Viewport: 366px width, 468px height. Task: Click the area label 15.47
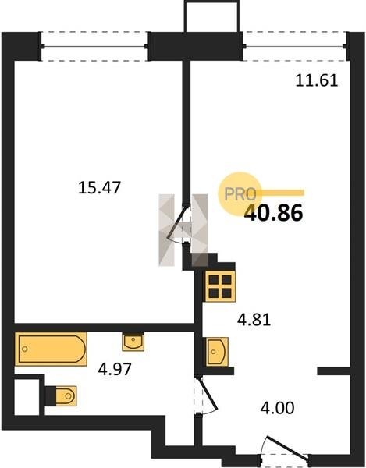(99, 188)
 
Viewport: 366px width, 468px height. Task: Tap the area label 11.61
(316, 80)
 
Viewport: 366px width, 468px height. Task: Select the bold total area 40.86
(273, 214)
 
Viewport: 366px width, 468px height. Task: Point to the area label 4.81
(254, 320)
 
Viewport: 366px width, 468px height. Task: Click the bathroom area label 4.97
(115, 369)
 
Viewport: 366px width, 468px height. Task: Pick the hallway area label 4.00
(277, 408)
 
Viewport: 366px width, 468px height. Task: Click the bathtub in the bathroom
(51, 349)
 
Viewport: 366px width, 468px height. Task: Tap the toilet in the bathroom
(61, 396)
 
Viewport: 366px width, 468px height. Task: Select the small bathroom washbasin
(133, 342)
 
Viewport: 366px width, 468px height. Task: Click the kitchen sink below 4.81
(216, 352)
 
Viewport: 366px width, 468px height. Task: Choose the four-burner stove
(220, 286)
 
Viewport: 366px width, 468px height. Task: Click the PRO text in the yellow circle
(240, 194)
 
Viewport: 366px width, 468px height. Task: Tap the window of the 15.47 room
(94, 47)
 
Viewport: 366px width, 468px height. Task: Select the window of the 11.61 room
(296, 47)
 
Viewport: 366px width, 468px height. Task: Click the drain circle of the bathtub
(25, 349)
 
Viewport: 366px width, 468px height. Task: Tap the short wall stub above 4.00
(333, 371)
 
